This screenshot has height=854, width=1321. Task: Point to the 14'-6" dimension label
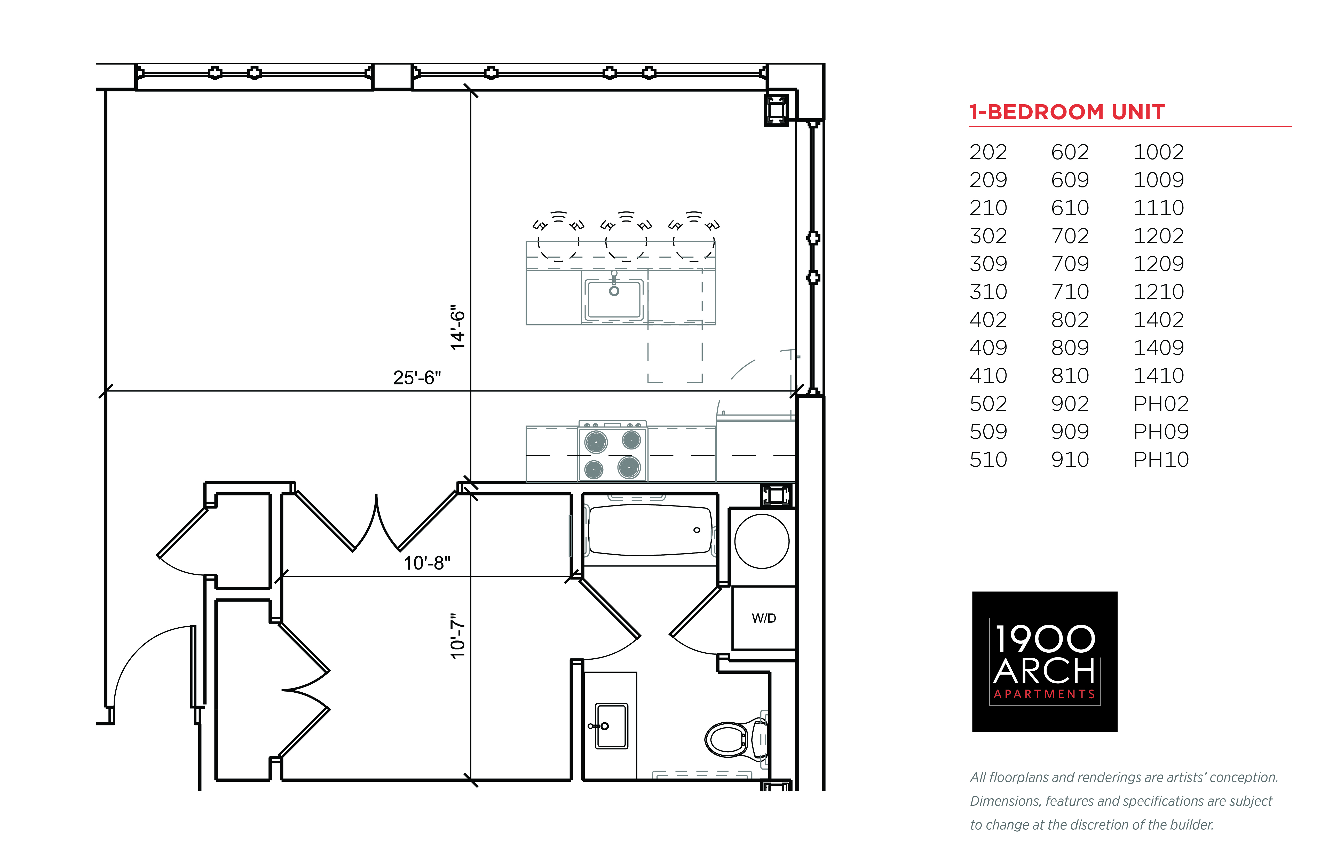457,327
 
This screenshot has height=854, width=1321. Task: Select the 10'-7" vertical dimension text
457,636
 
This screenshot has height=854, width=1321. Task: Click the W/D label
764,618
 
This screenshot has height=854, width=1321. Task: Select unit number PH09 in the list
1161,431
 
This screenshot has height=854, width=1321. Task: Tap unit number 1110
1159,208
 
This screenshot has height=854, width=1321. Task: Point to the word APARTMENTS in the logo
1044,694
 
